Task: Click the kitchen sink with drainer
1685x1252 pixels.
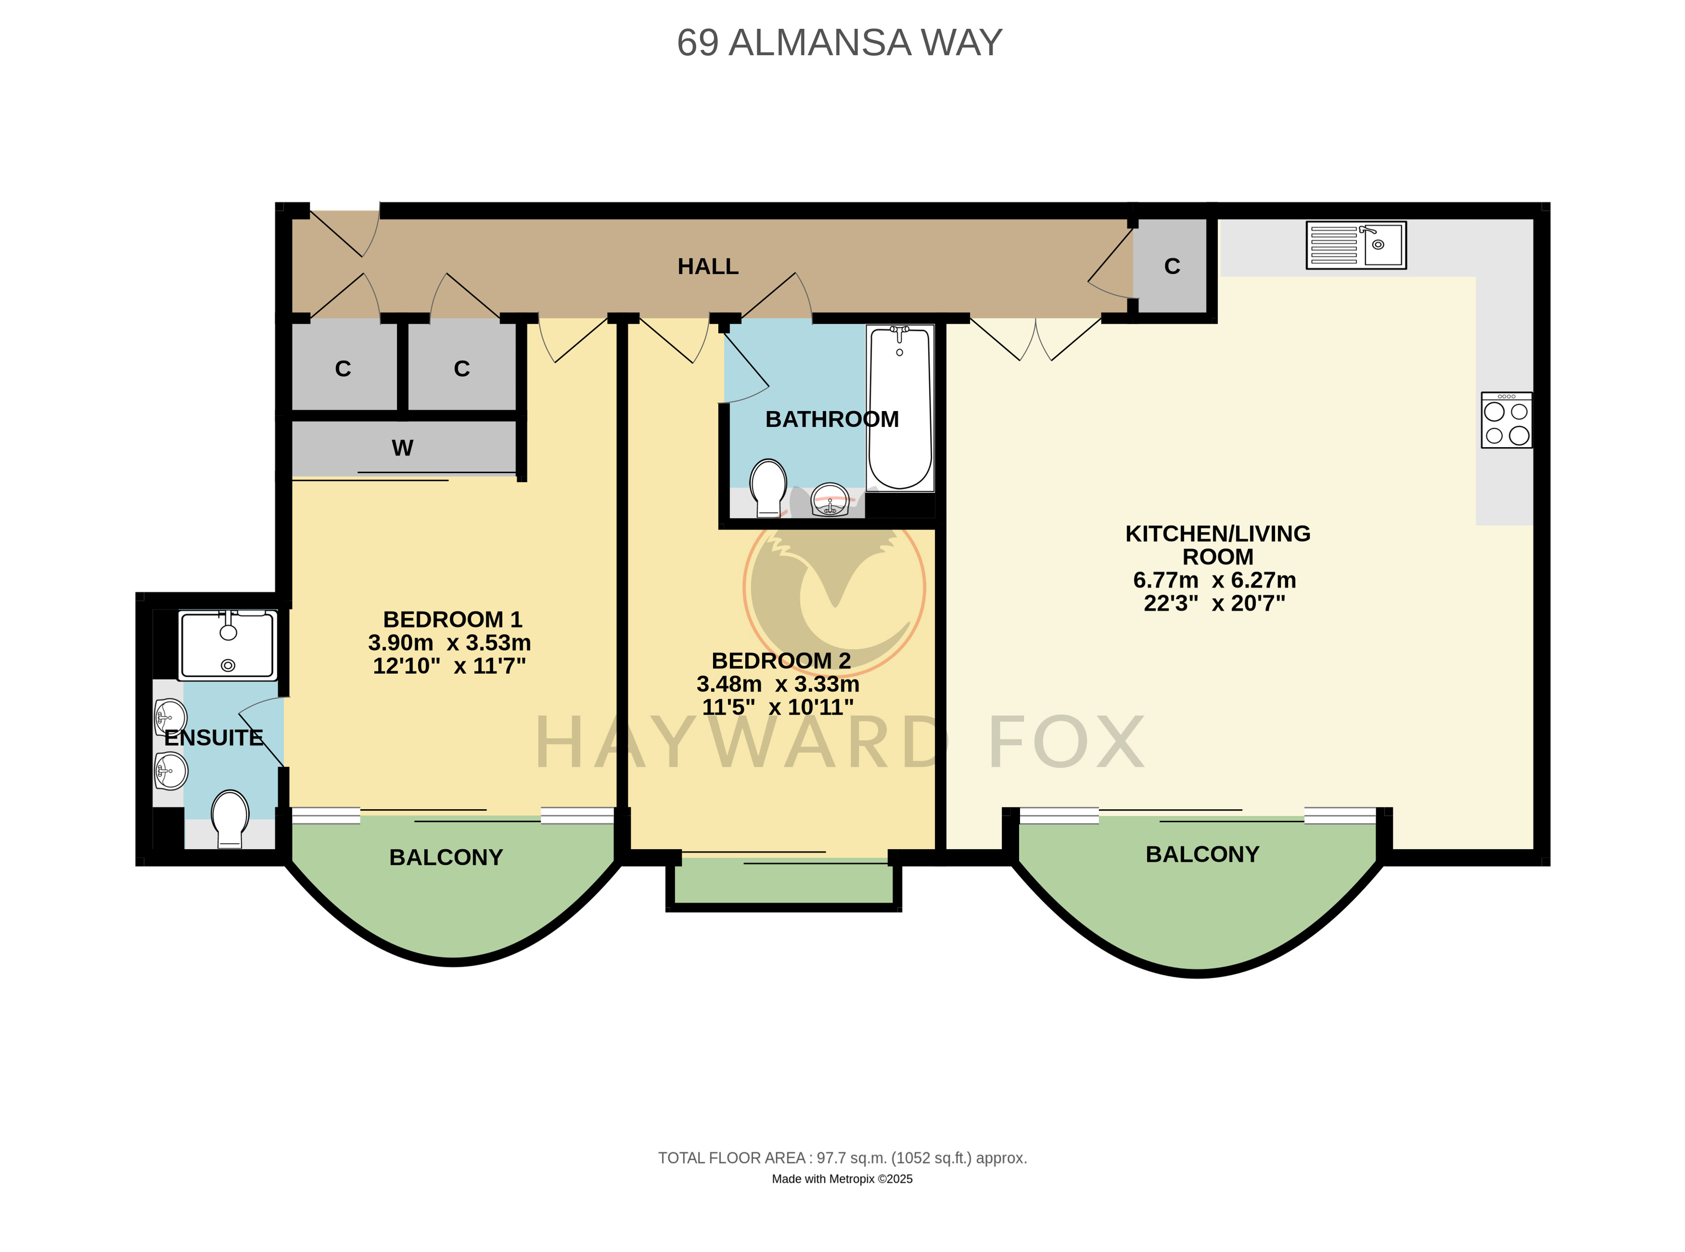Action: click(1356, 245)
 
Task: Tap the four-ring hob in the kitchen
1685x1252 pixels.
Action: click(1506, 420)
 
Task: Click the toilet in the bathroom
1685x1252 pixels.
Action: click(768, 487)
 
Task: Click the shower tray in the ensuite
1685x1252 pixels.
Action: click(227, 645)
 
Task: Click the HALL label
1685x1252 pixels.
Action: click(708, 267)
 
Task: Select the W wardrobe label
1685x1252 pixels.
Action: click(403, 448)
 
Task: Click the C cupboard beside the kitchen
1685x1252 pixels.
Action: click(1171, 266)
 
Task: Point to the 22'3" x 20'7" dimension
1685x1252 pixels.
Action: click(1214, 603)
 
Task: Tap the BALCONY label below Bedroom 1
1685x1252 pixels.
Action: click(446, 857)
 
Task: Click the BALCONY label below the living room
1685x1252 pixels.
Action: click(1202, 854)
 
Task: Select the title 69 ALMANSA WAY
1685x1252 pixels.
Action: click(839, 42)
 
